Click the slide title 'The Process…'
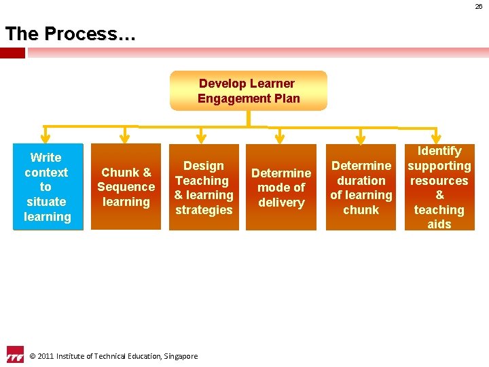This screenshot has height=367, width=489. pyautogui.click(x=70, y=34)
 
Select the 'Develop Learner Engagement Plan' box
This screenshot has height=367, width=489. pyautogui.click(x=248, y=90)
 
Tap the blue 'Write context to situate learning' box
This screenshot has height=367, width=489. pyautogui.click(x=48, y=187)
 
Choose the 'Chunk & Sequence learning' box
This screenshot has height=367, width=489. pyautogui.click(x=126, y=187)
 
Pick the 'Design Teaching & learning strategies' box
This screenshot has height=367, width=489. pyautogui.click(x=203, y=187)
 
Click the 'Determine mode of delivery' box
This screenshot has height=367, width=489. pyautogui.click(x=281, y=187)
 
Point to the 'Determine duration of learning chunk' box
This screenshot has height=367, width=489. pyautogui.click(x=361, y=187)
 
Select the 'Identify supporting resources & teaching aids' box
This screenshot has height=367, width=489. pyautogui.click(x=439, y=187)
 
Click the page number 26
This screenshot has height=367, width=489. pyautogui.click(x=479, y=6)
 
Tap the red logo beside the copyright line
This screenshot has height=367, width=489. pyautogui.click(x=15, y=355)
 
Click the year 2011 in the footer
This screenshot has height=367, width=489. pyautogui.click(x=46, y=356)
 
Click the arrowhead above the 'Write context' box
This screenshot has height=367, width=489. pyautogui.click(x=46, y=138)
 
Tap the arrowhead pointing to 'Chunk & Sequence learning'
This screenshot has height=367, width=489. pyautogui.click(x=122, y=138)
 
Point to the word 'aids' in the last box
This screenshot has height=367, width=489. pyautogui.click(x=439, y=224)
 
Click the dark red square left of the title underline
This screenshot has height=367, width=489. pyautogui.click(x=12, y=52)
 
